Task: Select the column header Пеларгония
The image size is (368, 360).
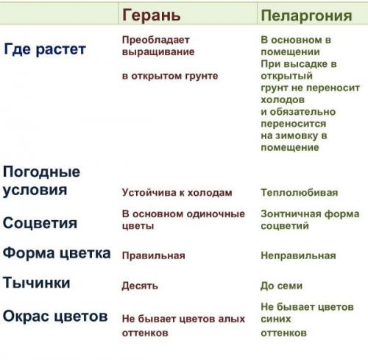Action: pyautogui.click(x=302, y=14)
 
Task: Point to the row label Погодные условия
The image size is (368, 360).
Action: pyautogui.click(x=42, y=180)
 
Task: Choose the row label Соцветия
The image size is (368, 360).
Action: pyautogui.click(x=40, y=222)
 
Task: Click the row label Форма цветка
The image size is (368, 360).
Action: pyautogui.click(x=57, y=253)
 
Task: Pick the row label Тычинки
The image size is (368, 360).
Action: pyautogui.click(x=37, y=283)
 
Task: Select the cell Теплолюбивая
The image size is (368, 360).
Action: pyautogui.click(x=300, y=193)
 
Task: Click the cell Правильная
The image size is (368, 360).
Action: pyautogui.click(x=153, y=255)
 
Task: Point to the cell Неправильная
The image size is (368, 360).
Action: pyautogui.click(x=298, y=255)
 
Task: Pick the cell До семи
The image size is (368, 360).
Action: pyautogui.click(x=281, y=286)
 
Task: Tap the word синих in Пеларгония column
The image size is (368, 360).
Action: pyautogui.click(x=276, y=319)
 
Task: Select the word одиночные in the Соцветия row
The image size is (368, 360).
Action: pyautogui.click(x=219, y=213)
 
